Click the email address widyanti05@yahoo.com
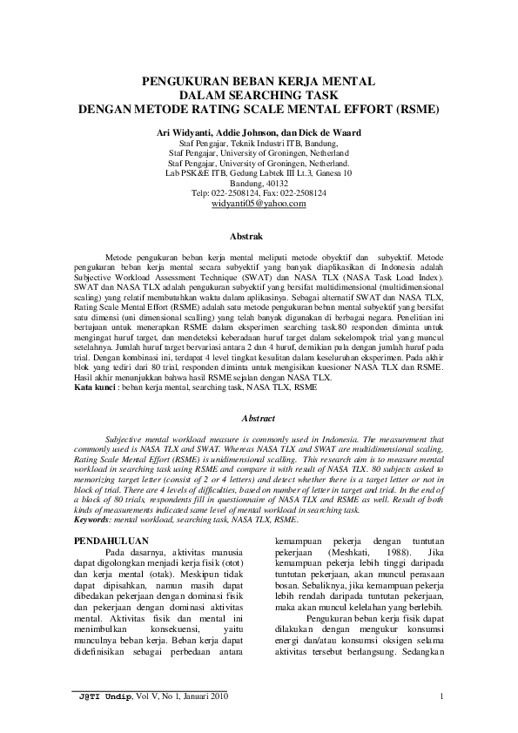[x=259, y=203]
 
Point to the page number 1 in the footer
[x=443, y=695]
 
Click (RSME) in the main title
[x=416, y=110]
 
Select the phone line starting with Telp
[x=259, y=192]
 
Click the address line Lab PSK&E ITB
[x=259, y=172]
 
